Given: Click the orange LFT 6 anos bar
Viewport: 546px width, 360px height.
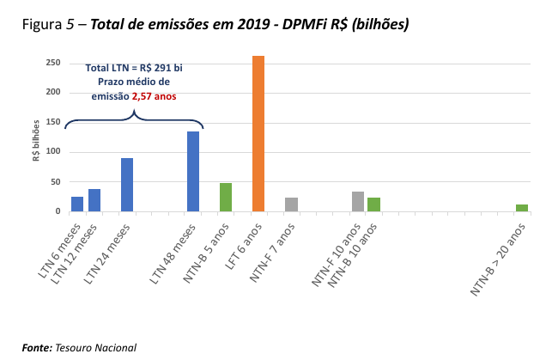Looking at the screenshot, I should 258,133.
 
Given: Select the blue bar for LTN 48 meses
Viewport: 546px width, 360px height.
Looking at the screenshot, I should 193,171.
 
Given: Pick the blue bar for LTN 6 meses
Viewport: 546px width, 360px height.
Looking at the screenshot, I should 77,204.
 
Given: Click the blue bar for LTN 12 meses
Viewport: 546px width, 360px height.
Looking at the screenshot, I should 94,200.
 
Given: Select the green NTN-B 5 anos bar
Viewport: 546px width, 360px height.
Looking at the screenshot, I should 226,197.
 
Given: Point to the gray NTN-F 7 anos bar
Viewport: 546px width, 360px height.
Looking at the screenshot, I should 292,204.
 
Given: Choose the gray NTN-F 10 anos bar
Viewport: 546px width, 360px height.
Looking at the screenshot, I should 358,201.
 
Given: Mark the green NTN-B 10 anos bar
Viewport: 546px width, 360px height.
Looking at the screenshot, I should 373,204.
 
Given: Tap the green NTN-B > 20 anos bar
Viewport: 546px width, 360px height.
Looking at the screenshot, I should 522,207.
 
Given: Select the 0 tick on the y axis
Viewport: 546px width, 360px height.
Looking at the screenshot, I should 57,211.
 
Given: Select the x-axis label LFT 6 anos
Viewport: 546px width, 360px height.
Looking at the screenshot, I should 243,249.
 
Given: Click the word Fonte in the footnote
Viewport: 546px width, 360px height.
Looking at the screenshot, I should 37,347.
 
